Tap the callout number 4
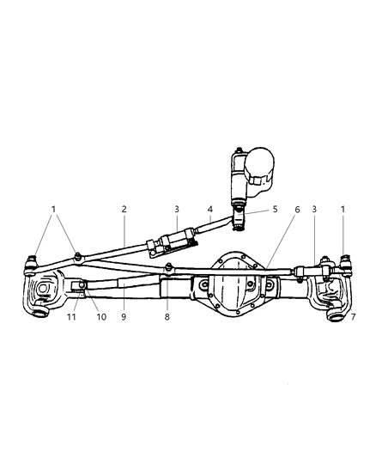209,209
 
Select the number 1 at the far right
343,209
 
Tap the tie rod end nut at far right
345,257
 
